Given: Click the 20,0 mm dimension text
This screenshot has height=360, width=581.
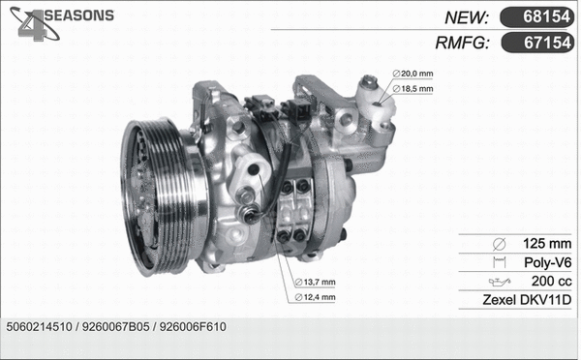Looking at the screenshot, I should click(x=417, y=74).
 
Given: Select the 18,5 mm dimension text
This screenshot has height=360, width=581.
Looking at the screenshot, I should click(x=417, y=89).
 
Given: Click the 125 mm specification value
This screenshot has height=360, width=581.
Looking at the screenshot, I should click(x=549, y=243).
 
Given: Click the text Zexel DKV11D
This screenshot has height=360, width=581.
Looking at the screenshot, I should click(x=527, y=300).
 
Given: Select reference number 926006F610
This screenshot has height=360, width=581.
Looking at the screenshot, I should click(x=193, y=327).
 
